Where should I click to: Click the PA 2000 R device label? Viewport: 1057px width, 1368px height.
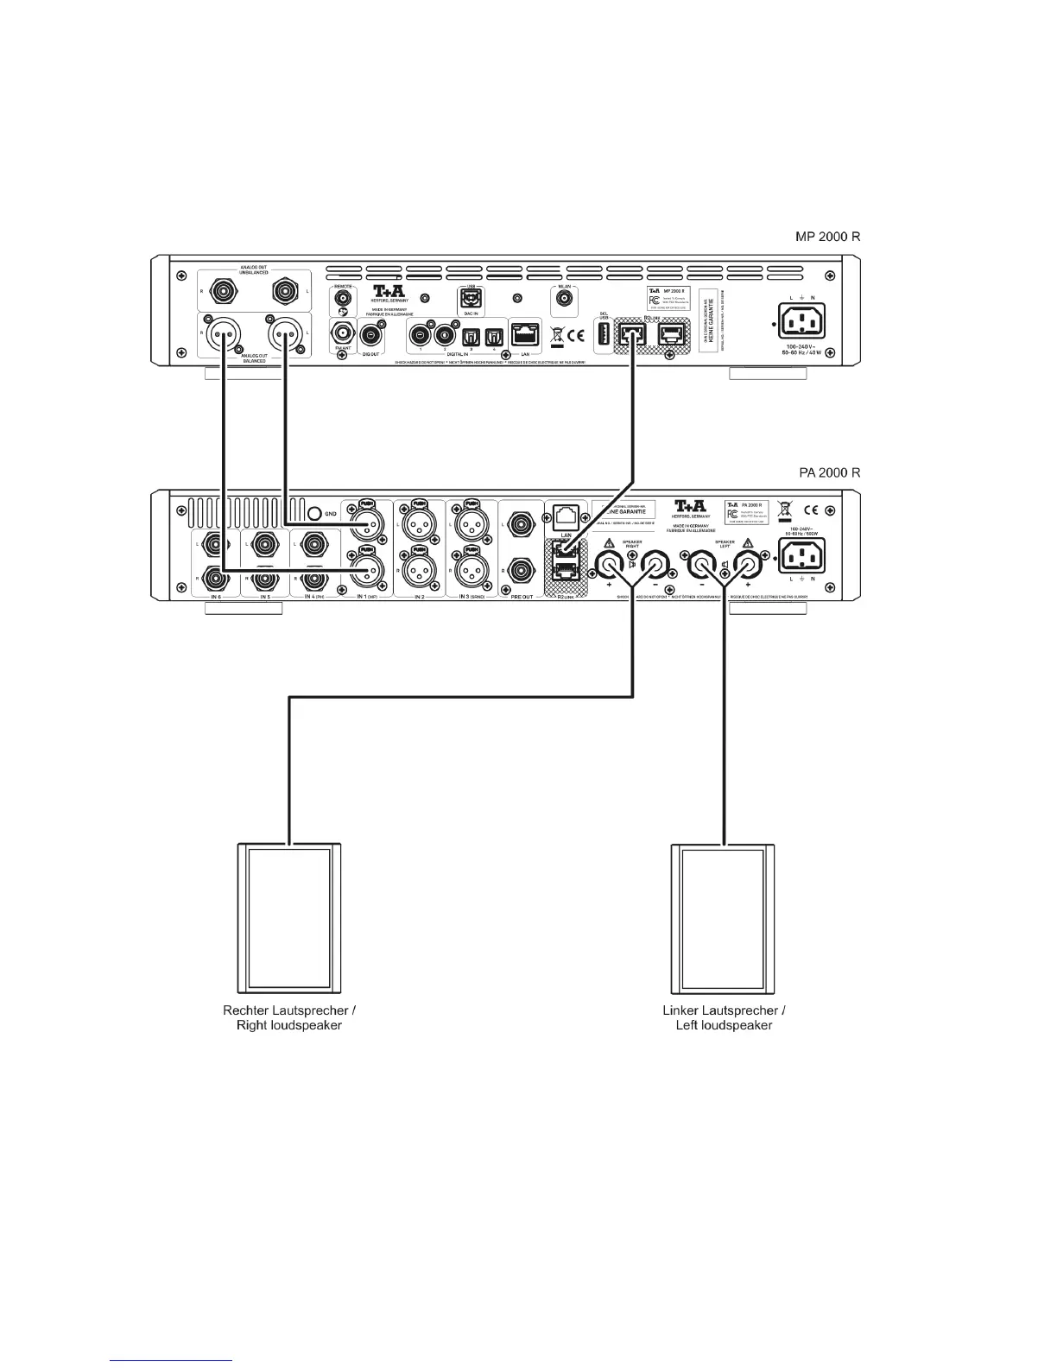pos(828,473)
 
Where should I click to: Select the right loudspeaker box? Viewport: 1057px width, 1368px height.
pos(289,919)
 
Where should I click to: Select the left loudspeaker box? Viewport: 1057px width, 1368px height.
pos(724,919)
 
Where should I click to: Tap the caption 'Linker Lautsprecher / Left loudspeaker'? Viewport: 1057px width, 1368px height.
pos(724,1018)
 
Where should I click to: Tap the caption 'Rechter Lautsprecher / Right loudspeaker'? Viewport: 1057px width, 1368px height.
pos(289,1018)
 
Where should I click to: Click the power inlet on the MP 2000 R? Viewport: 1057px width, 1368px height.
pos(800,323)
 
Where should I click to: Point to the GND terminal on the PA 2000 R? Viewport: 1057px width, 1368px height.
pos(316,513)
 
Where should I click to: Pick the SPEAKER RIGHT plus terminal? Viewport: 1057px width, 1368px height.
pos(610,566)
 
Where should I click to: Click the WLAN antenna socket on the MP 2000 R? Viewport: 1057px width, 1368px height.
pos(563,299)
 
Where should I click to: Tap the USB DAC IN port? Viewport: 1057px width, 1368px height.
pos(472,299)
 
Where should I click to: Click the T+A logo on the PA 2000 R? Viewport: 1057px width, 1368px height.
pos(691,507)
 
